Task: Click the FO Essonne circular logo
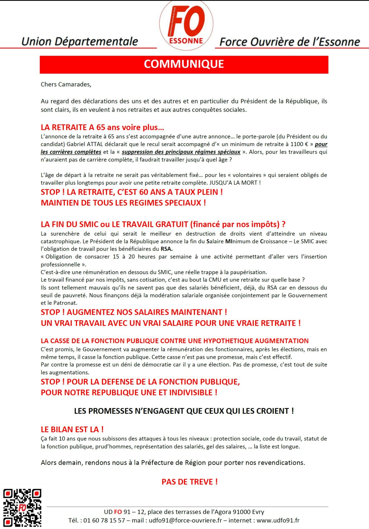click(186, 25)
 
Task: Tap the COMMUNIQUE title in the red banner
click(184, 64)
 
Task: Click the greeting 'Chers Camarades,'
click(66, 84)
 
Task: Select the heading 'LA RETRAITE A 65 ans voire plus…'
click(102, 127)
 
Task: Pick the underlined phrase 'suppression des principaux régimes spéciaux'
click(181, 152)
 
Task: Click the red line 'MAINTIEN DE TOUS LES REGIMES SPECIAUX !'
click(123, 203)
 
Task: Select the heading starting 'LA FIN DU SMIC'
click(163, 224)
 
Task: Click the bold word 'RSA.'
click(167, 249)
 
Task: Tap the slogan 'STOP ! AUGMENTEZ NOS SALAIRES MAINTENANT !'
click(134, 312)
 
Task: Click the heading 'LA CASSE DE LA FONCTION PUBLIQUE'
click(174, 341)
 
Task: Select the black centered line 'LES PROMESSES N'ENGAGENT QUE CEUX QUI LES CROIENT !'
click(184, 411)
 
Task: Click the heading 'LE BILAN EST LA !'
click(72, 430)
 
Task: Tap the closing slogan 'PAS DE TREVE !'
click(190, 482)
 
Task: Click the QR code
click(22, 507)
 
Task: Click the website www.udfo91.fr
click(278, 520)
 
